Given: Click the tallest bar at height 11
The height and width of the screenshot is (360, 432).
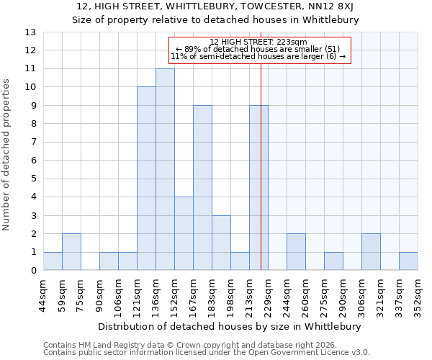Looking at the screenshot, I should tap(165, 169).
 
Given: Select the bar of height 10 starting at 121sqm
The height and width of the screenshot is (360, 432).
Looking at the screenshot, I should tap(146, 179).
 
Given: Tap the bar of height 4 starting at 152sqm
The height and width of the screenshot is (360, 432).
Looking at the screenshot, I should tap(184, 233).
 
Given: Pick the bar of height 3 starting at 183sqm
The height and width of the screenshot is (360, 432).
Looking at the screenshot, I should tap(221, 243).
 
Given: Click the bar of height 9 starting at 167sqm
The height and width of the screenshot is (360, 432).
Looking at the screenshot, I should tap(202, 188).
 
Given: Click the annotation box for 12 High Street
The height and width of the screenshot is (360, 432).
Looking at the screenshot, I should tap(258, 50).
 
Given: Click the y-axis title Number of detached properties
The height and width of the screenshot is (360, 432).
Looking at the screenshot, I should tap(7, 155).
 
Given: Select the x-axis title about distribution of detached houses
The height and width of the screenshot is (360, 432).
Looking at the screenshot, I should tap(228, 326).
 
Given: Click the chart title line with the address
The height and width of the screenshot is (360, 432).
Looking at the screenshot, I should tap(215, 7).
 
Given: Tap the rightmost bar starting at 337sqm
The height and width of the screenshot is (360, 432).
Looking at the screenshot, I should tap(408, 261).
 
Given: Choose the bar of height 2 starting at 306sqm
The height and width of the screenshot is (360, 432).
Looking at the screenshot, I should tap(371, 252).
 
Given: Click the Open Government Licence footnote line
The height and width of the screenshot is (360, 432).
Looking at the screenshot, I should tap(207, 353).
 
